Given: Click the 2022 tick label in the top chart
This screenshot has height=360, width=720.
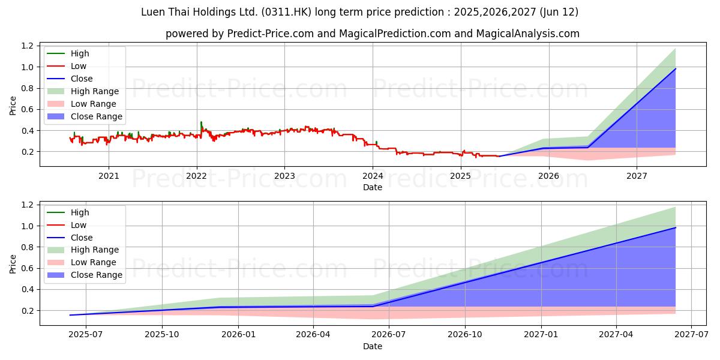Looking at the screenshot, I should [x=196, y=176].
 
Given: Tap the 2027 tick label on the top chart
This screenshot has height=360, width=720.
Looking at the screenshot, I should [x=637, y=176].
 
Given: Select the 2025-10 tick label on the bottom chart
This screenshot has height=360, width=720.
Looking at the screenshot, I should [x=163, y=335].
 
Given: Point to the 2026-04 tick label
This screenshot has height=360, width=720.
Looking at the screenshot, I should [x=313, y=335].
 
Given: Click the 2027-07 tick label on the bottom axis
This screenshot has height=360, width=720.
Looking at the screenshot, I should [x=691, y=335].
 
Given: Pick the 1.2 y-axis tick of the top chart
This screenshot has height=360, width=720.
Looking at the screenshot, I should [x=27, y=46].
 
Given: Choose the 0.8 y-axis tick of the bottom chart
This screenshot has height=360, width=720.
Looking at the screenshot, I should [x=27, y=247].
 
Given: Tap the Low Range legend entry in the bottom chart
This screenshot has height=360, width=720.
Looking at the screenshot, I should [x=94, y=262].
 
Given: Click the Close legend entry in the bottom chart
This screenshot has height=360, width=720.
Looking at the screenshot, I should [x=82, y=238].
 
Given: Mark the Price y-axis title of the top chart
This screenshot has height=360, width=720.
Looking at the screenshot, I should [x=13, y=106].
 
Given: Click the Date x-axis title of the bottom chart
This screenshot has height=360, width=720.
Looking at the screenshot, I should [x=373, y=346].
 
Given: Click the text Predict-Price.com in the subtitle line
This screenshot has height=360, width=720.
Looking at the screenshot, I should [x=270, y=34].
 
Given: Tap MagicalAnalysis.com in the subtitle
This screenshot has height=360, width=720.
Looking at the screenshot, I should [x=528, y=34].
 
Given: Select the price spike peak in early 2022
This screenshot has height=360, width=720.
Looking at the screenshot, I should [x=201, y=122].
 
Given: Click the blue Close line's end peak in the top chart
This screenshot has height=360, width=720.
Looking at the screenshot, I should [x=676, y=69].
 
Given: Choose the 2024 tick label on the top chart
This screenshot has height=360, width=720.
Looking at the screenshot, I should [x=373, y=176].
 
